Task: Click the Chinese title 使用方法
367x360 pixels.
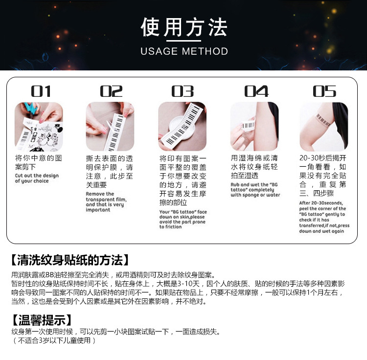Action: click(184, 28)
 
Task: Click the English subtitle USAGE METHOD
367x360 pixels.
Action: click(184, 51)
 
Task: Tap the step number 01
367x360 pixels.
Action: click(41, 91)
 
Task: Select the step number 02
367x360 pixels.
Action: click(112, 91)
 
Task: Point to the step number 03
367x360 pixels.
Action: click(183, 91)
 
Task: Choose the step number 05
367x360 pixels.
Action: click(325, 91)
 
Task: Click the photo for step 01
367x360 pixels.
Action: click(39, 126)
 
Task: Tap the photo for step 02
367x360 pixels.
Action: click(110, 126)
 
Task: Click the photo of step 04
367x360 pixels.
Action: click(254, 126)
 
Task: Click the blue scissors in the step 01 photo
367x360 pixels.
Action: click(30, 109)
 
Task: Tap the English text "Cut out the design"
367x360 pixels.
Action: click(37, 176)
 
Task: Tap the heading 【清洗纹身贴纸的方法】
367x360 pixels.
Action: click(69, 259)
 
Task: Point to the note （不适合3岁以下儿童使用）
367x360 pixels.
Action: click(54, 340)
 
